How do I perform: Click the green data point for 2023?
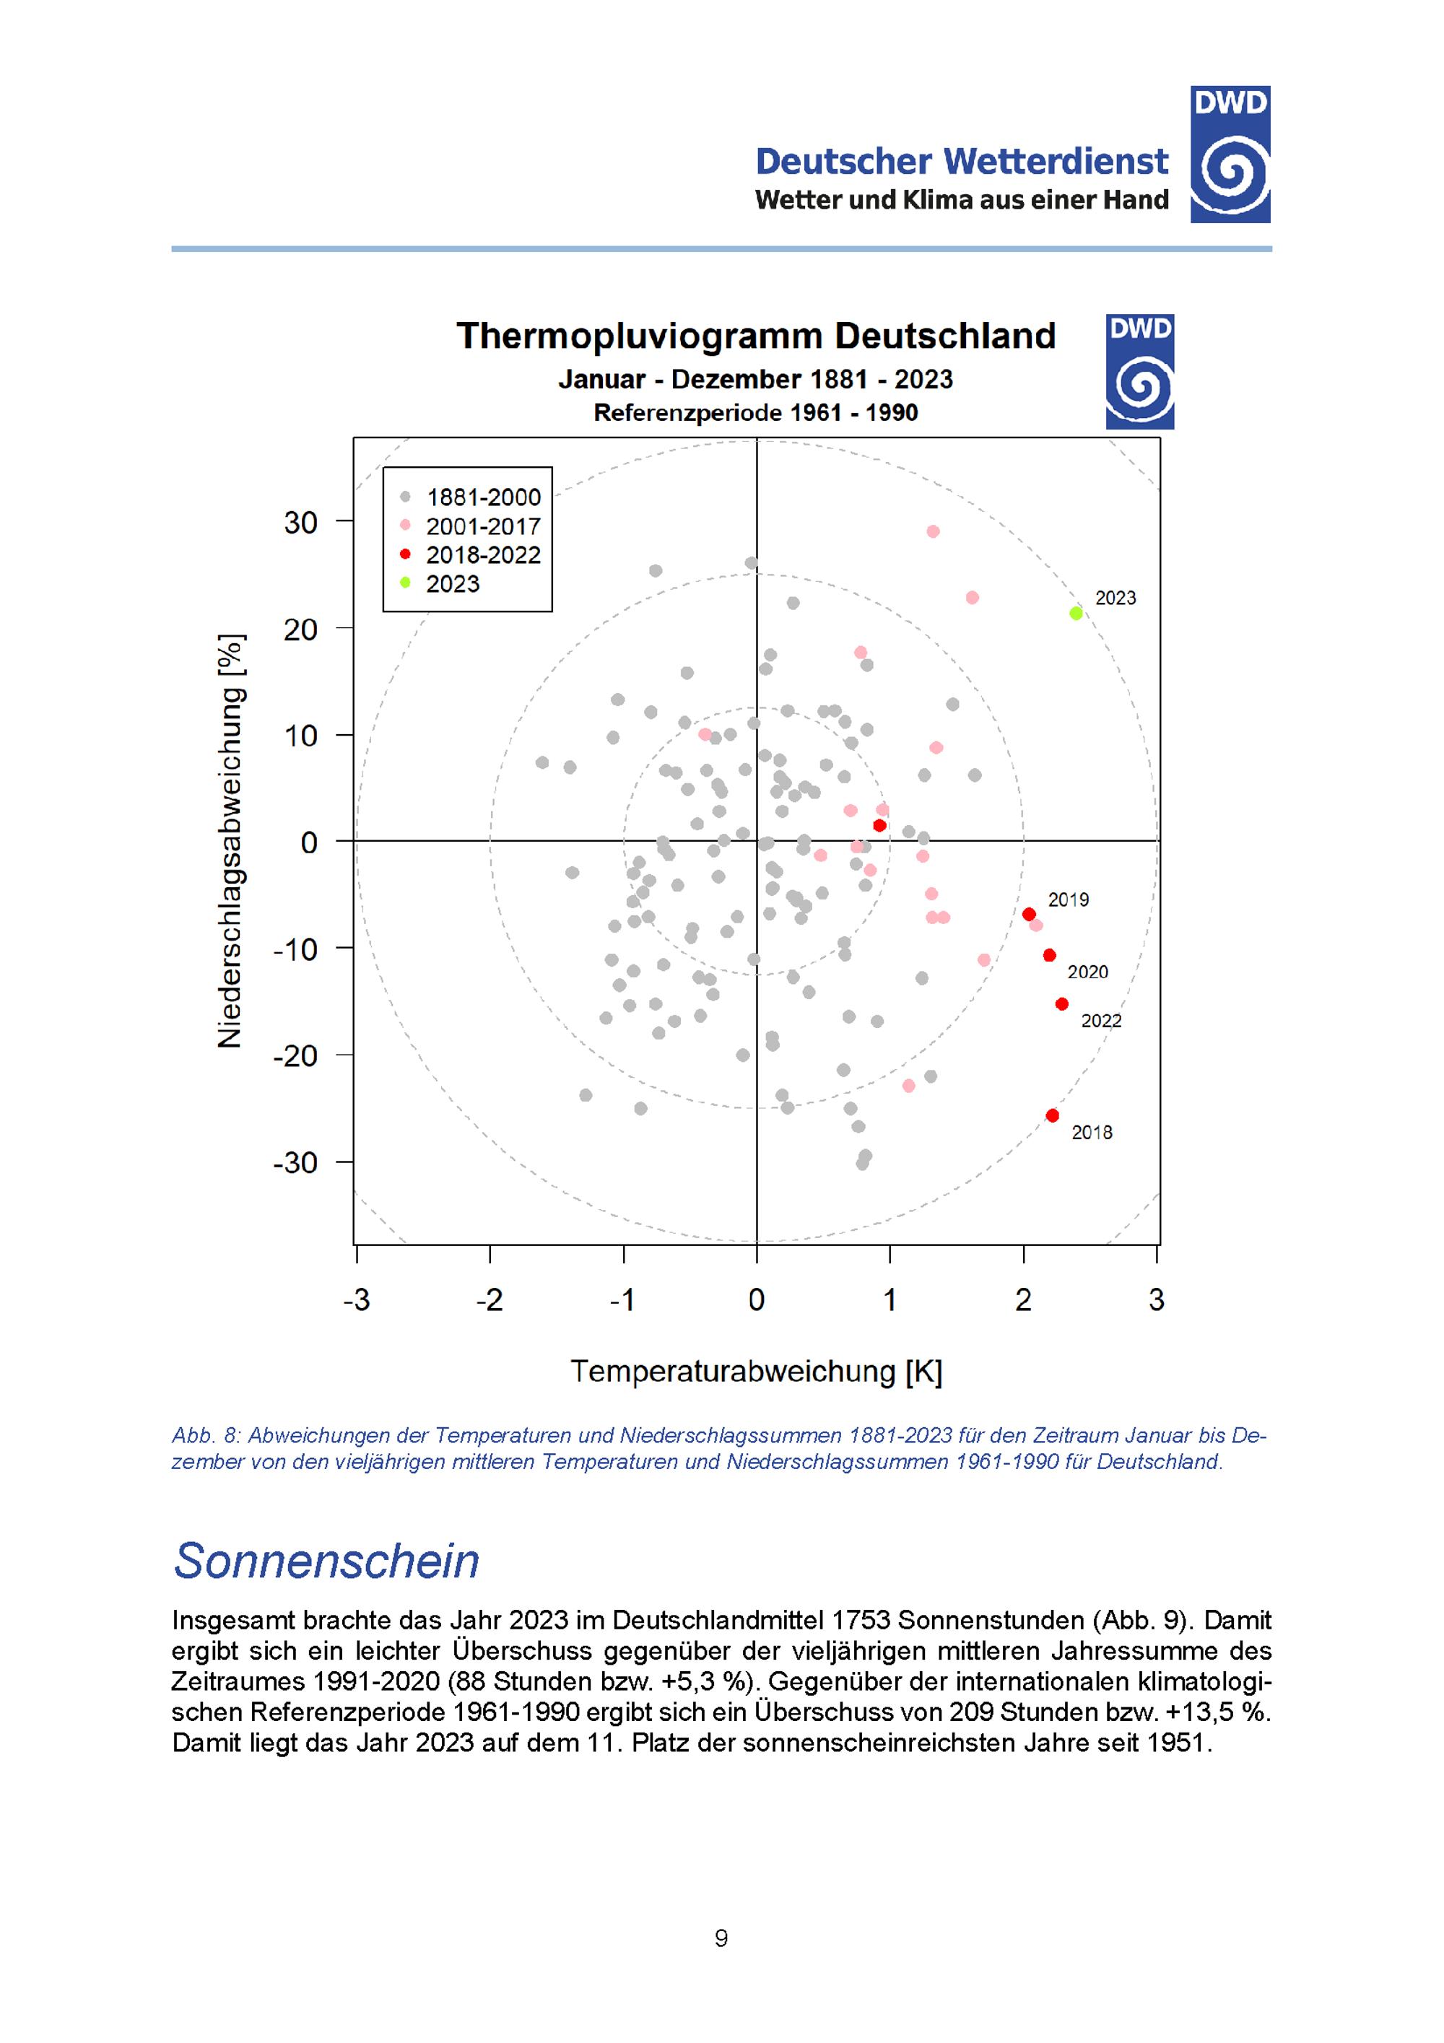coord(1076,613)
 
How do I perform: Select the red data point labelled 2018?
coord(1053,1115)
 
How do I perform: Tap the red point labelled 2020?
coord(1049,955)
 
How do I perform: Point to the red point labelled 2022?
coord(1061,1003)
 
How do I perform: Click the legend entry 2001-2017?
coord(482,526)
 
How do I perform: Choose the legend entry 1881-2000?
coord(482,497)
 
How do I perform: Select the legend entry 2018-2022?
coord(482,555)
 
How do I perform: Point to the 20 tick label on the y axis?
coord(301,629)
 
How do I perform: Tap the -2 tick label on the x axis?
coord(490,1300)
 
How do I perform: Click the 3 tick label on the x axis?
coord(1157,1300)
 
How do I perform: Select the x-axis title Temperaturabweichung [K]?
coord(756,1371)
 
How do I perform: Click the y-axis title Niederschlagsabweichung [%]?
coord(230,841)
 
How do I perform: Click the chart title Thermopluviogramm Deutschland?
coord(755,336)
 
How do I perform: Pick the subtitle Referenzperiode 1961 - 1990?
coord(755,413)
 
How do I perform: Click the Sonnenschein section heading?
coord(326,1560)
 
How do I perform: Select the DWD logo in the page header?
coord(1230,154)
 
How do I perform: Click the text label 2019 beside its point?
coord(1068,899)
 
